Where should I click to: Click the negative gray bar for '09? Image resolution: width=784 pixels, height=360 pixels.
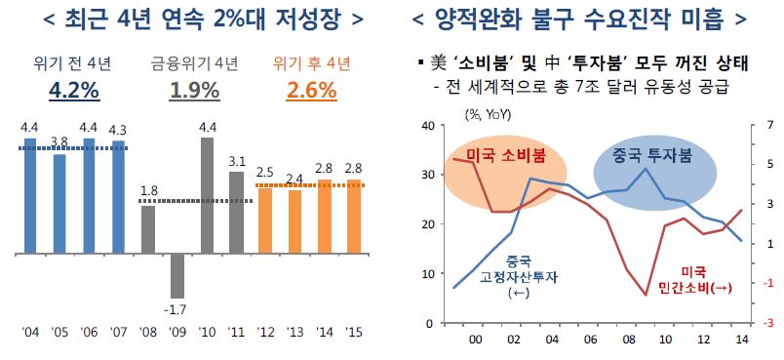tap(176, 275)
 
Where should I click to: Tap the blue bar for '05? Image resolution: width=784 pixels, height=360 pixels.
tap(59, 203)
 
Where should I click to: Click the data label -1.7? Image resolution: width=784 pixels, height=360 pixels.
tap(176, 310)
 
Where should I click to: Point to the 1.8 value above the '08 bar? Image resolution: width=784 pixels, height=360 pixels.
tap(148, 191)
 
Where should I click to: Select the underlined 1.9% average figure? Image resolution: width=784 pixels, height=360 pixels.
tap(191, 92)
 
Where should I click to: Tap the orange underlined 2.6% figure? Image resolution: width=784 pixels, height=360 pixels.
tap(311, 92)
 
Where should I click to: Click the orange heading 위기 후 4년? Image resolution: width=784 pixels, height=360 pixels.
tap(311, 64)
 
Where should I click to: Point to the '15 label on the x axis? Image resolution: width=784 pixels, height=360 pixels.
tap(354, 334)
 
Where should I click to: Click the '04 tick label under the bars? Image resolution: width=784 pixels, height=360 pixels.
tap(29, 334)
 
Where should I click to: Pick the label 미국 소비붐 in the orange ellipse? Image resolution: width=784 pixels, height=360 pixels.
tap(506, 156)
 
